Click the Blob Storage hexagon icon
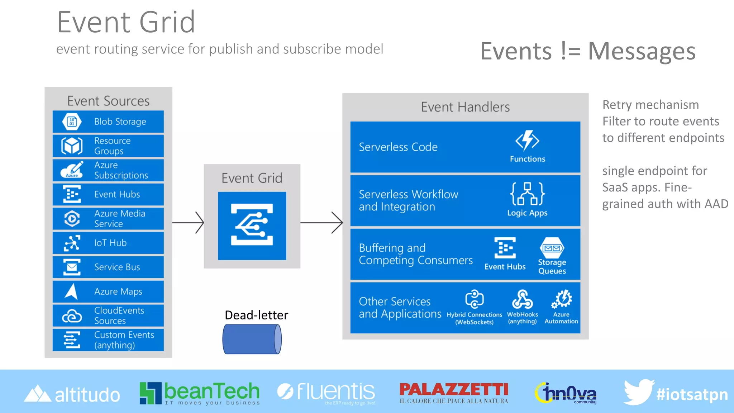pyautogui.click(x=72, y=122)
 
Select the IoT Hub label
pyautogui.click(x=110, y=243)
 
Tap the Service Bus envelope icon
pyautogui.click(x=72, y=267)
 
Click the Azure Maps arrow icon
pyautogui.click(x=72, y=291)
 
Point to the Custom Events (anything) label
pyautogui.click(x=124, y=340)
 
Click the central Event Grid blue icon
pyautogui.click(x=252, y=226)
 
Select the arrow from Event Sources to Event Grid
pyautogui.click(x=188, y=223)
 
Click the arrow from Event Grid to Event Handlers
pyautogui.click(x=321, y=223)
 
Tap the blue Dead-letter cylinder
pyautogui.click(x=252, y=339)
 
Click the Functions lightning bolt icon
pyautogui.click(x=527, y=141)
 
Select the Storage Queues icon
pyautogui.click(x=552, y=248)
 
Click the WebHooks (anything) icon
pyautogui.click(x=522, y=299)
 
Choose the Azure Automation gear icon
pyautogui.click(x=562, y=299)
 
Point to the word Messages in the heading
pyautogui.click(x=642, y=51)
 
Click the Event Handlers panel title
pyautogui.click(x=465, y=107)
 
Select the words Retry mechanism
pyautogui.click(x=650, y=105)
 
